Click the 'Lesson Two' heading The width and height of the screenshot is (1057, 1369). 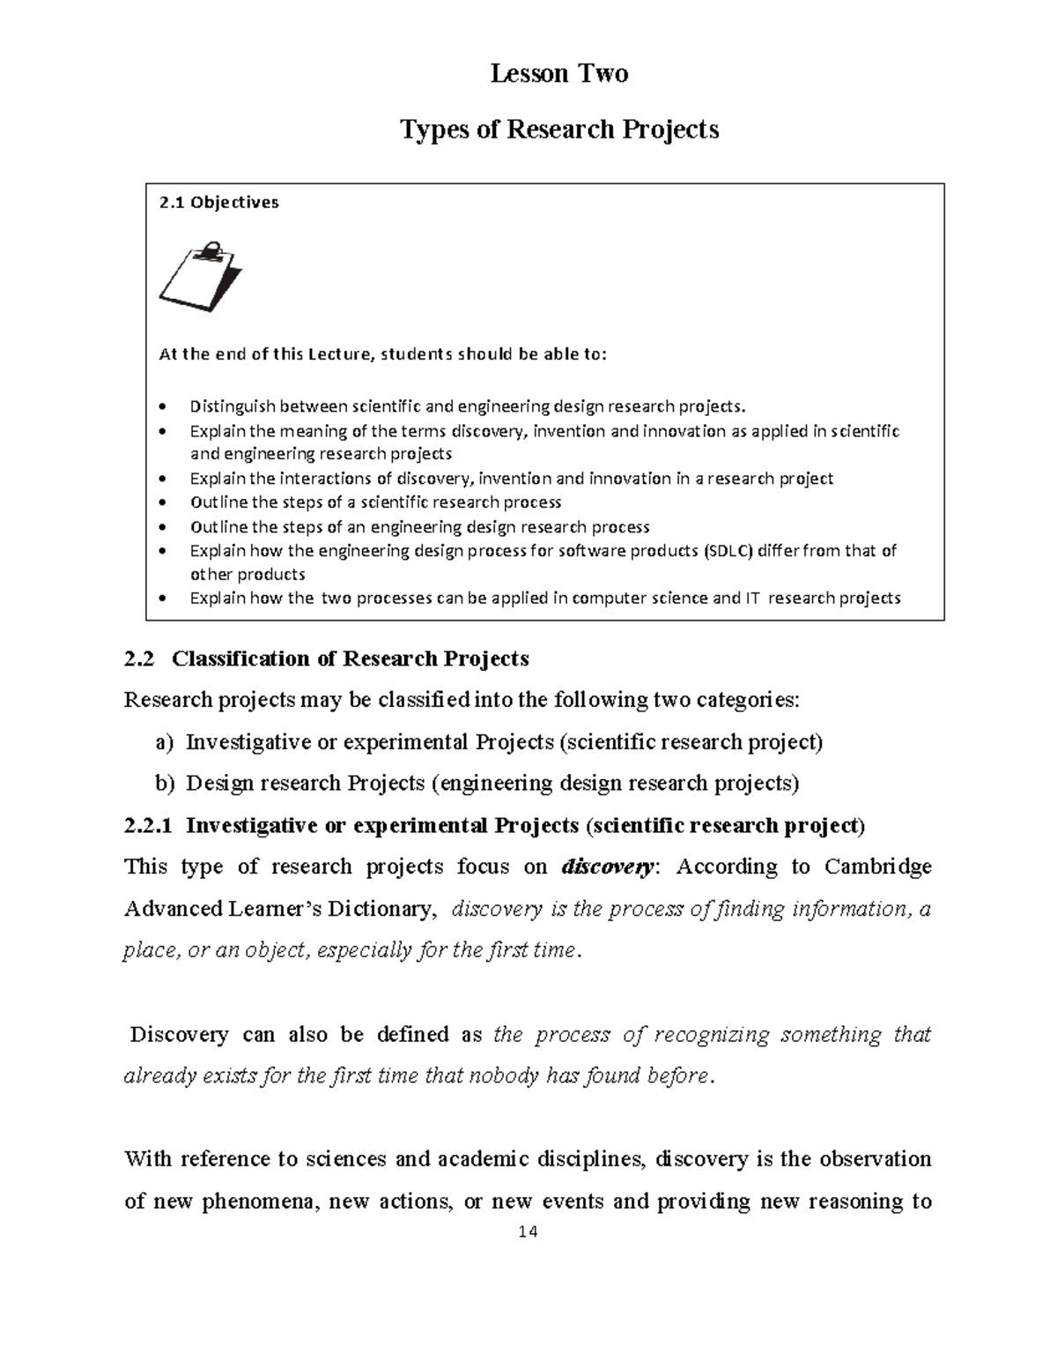(x=559, y=73)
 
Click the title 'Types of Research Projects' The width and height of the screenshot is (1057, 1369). (x=559, y=130)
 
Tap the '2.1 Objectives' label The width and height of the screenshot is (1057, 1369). (x=218, y=203)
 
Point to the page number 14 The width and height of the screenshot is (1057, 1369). (x=528, y=1231)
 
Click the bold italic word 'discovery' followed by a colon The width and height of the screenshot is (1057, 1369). (x=607, y=867)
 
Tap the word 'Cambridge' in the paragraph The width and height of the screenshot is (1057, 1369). (x=877, y=867)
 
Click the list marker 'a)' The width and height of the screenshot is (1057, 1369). (x=165, y=742)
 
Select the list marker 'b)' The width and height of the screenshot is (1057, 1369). (x=165, y=784)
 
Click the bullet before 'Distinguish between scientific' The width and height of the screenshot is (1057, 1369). (x=160, y=407)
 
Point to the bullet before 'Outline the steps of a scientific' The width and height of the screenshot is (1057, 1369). (x=160, y=503)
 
